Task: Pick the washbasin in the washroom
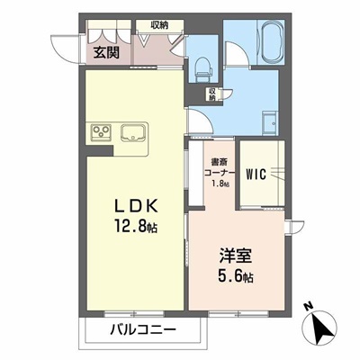coord(269,120)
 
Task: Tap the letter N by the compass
coord(308,307)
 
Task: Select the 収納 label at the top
coord(159,26)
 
